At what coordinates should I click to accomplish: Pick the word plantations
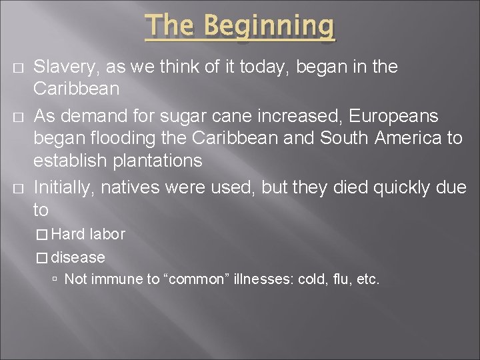(x=161, y=160)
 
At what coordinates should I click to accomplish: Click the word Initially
(x=63, y=188)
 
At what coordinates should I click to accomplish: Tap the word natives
(x=129, y=188)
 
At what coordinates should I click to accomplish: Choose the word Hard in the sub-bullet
(x=68, y=235)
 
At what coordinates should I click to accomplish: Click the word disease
(x=79, y=257)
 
